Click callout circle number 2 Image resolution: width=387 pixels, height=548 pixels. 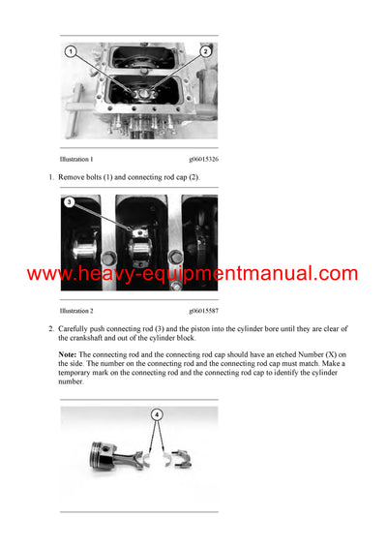[206, 50]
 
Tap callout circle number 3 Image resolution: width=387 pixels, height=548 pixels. [70, 203]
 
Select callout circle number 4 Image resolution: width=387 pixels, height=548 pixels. [156, 414]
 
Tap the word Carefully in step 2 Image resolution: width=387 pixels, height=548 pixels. [81, 329]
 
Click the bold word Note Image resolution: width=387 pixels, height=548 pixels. [70, 354]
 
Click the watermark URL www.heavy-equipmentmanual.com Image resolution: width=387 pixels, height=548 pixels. [193, 274]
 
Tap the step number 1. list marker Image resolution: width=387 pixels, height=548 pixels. [51, 177]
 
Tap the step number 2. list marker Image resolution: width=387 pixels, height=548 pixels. [51, 329]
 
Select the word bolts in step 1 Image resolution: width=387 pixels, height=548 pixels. [107, 177]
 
